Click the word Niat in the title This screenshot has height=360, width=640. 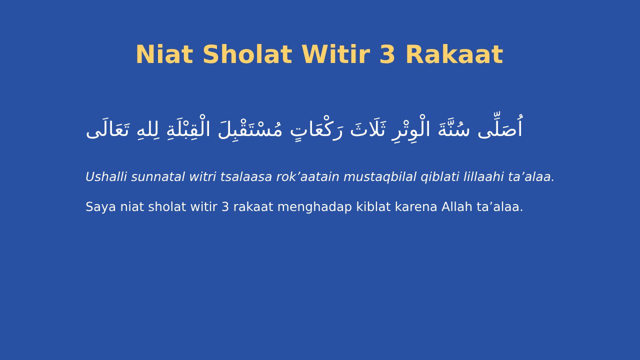pos(164,55)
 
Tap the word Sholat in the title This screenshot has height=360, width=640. pos(247,55)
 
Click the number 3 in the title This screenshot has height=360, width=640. pos(387,55)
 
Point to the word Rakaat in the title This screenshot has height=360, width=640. pos(453,55)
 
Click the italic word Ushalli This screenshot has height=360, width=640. pos(106,177)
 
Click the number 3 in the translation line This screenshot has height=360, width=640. pos(225,207)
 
